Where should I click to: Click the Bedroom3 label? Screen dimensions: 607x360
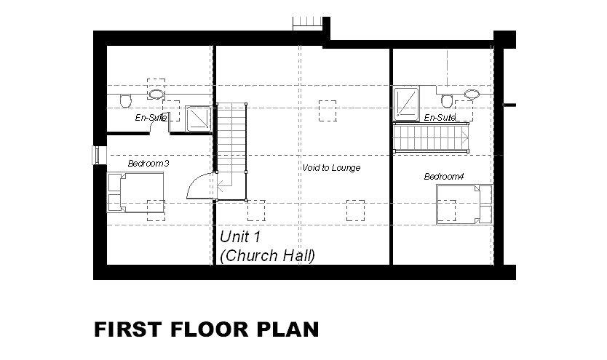pyautogui.click(x=148, y=164)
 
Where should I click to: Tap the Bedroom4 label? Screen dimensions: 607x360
pyautogui.click(x=444, y=177)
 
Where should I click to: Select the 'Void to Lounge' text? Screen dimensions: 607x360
pyautogui.click(x=331, y=168)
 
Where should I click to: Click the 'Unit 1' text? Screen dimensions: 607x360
pyautogui.click(x=240, y=236)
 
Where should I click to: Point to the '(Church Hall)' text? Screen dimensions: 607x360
pyautogui.click(x=268, y=255)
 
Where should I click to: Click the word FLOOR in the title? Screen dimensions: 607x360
pyautogui.click(x=209, y=329)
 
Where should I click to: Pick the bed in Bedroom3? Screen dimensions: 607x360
pyautogui.click(x=135, y=192)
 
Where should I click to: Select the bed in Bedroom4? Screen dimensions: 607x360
pyautogui.click(x=464, y=204)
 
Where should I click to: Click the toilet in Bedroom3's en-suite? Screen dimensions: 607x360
pyautogui.click(x=125, y=100)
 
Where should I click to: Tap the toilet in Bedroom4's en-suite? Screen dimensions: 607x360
pyautogui.click(x=447, y=100)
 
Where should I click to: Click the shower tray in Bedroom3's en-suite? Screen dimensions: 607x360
pyautogui.click(x=198, y=119)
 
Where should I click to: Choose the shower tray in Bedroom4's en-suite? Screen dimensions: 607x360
pyautogui.click(x=406, y=103)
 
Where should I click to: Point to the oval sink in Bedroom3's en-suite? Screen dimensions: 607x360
pyautogui.click(x=156, y=94)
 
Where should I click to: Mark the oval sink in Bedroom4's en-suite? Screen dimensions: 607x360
pyautogui.click(x=472, y=93)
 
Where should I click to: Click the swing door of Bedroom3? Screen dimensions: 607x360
pyautogui.click(x=201, y=186)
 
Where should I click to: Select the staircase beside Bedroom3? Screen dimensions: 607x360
pyautogui.click(x=231, y=152)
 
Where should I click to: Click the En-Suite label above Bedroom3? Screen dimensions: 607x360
pyautogui.click(x=151, y=117)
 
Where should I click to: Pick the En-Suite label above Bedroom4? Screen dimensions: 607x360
pyautogui.click(x=440, y=117)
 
